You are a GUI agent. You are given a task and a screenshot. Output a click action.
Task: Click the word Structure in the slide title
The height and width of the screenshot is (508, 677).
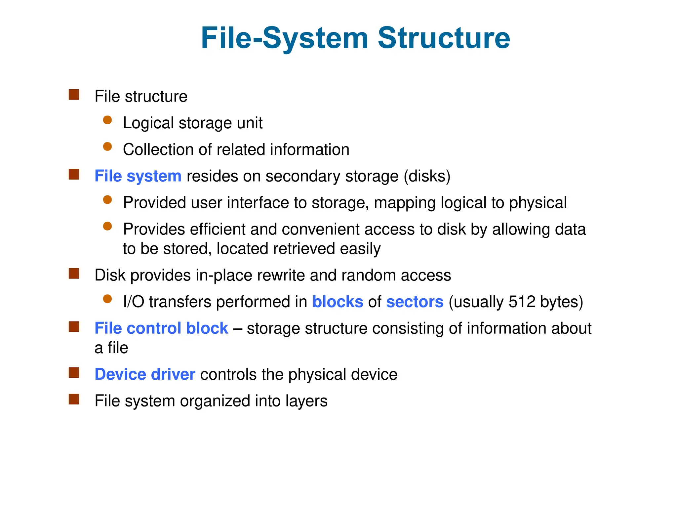444,38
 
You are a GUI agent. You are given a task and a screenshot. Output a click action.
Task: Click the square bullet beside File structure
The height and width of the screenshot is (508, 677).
74,95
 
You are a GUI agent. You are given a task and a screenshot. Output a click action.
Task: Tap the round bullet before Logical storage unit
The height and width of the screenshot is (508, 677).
107,120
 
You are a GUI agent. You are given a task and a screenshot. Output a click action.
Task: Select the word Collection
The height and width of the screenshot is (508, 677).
158,149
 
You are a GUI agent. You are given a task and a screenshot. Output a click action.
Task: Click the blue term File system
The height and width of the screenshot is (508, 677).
138,176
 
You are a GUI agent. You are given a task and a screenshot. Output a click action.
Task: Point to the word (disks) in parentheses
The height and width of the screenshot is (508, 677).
427,176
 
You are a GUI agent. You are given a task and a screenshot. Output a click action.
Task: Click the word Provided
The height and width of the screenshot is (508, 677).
154,203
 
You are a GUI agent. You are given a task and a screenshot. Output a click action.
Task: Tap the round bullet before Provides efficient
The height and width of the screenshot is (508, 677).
107,226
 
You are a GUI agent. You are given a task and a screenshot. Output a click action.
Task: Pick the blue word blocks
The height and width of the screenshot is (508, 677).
338,302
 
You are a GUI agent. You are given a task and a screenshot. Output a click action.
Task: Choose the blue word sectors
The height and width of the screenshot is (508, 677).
415,302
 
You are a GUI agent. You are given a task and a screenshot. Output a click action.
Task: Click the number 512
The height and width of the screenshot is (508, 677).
522,302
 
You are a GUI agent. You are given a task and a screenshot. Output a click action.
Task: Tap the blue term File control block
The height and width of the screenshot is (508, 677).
161,328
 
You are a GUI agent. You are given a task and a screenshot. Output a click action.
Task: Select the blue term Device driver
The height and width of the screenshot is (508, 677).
145,374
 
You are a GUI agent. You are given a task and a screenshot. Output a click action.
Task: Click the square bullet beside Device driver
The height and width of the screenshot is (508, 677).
74,373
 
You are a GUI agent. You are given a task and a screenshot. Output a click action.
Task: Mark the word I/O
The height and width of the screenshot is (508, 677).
134,302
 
